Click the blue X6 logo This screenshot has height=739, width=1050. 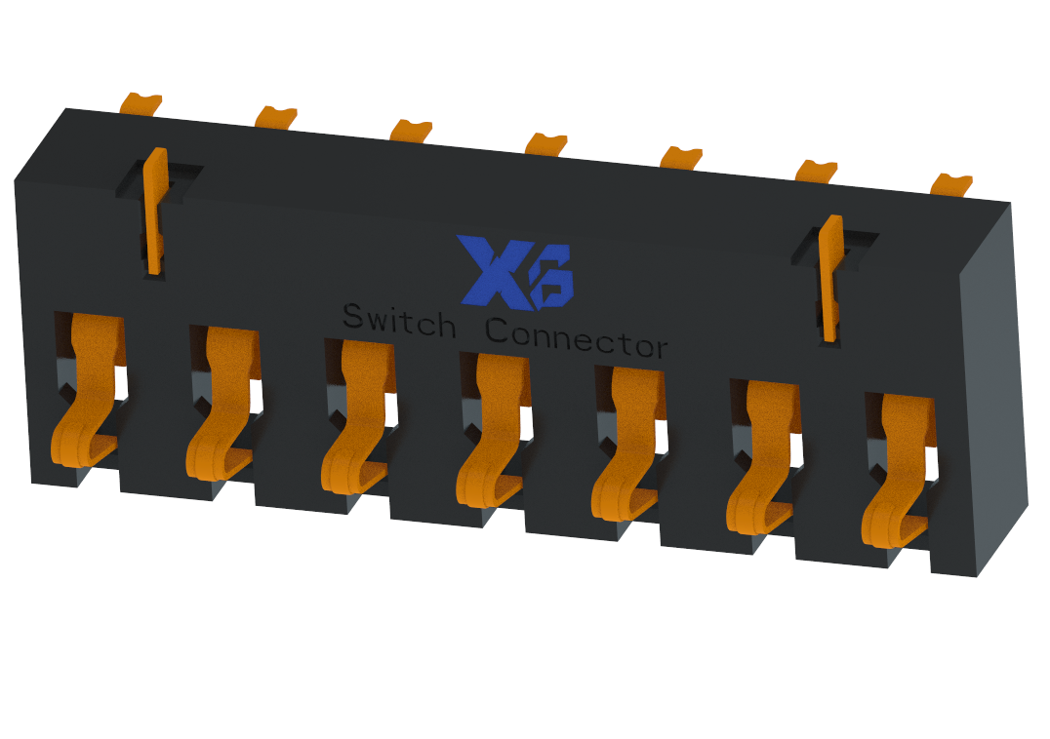pyautogui.click(x=517, y=270)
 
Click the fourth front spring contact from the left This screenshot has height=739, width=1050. pyautogui.click(x=493, y=439)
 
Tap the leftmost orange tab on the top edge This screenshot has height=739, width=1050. pyautogui.click(x=141, y=102)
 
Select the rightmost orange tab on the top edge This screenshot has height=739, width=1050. pyautogui.click(x=951, y=183)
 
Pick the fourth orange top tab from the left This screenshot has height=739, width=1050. pyautogui.click(x=545, y=143)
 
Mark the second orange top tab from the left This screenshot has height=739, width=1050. pyautogui.click(x=276, y=116)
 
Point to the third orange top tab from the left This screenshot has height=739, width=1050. pyautogui.click(x=411, y=130)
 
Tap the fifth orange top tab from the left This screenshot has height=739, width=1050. pyautogui.click(x=681, y=156)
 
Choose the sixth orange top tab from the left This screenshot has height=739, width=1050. pyautogui.click(x=817, y=170)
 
